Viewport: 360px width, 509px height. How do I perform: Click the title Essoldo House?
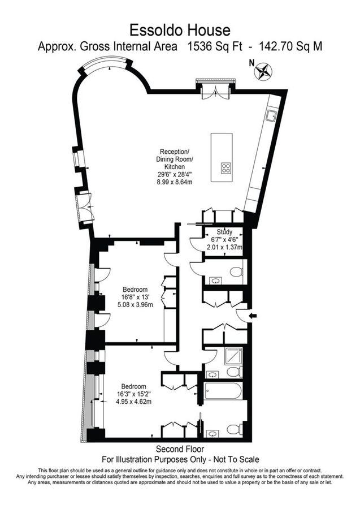point(180,29)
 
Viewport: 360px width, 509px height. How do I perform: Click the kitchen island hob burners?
point(226,167)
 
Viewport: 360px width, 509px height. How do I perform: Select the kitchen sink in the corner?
point(271,117)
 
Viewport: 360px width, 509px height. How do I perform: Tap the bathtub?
point(224,390)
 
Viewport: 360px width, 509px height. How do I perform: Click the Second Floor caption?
point(180,449)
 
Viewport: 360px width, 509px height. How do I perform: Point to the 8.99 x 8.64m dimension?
point(175,182)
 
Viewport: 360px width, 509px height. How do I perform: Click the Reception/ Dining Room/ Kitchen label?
point(175,159)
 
